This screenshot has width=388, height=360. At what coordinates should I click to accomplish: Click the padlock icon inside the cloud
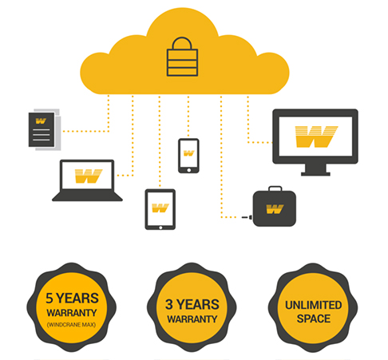[x=182, y=57]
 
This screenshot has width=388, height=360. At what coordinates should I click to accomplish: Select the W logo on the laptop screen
[x=89, y=176]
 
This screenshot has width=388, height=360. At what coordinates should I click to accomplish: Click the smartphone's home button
[x=188, y=170]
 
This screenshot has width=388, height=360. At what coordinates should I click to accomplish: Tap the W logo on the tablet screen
[x=160, y=208]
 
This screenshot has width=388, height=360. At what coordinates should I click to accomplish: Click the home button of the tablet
[x=160, y=227]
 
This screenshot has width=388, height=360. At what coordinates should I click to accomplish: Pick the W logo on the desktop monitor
[x=316, y=136]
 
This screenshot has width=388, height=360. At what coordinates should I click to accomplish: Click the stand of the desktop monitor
[x=315, y=170]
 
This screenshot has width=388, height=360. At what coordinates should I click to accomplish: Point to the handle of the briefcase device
[x=275, y=188]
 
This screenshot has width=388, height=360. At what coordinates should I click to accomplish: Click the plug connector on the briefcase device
[x=247, y=217]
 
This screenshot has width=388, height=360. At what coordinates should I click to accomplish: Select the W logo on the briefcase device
[x=275, y=209]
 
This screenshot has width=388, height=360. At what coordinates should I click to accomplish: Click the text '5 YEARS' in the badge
[x=72, y=298]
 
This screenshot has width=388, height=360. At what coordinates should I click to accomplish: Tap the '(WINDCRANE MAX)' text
[x=71, y=325]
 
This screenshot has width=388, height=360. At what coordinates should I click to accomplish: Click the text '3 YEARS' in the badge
[x=192, y=304]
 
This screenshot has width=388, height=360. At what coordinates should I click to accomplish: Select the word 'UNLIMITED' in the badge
[x=314, y=305]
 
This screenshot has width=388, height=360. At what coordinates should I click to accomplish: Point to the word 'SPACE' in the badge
[x=314, y=318]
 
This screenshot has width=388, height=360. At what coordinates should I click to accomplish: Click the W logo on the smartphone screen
[x=188, y=153]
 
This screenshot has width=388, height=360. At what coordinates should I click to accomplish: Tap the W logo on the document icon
[x=41, y=121]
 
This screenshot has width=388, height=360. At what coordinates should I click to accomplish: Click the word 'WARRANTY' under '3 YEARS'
[x=192, y=318]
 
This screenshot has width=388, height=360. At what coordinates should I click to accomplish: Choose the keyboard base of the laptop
[x=87, y=196]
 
